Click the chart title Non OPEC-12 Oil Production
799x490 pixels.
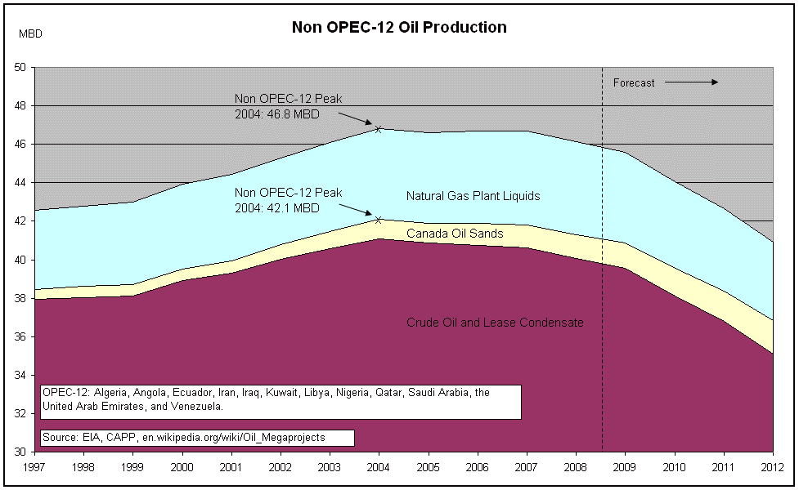pyautogui.click(x=399, y=27)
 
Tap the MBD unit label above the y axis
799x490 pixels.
pyautogui.click(x=30, y=33)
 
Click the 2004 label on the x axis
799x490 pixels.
pyautogui.click(x=379, y=467)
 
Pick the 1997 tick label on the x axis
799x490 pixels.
pyautogui.click(x=34, y=467)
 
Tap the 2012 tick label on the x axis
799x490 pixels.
pyautogui.click(x=773, y=467)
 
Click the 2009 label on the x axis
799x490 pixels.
pyautogui.click(x=625, y=467)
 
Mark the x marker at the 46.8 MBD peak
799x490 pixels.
pyautogui.click(x=379, y=129)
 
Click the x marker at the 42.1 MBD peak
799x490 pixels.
pyautogui.click(x=379, y=219)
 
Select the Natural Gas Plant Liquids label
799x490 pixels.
pyautogui.click(x=473, y=196)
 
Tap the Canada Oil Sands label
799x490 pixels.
pyautogui.click(x=455, y=234)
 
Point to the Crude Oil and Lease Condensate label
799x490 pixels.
pyautogui.click(x=495, y=323)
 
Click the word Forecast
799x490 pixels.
pyautogui.click(x=634, y=82)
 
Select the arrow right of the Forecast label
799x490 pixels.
pyautogui.click(x=691, y=82)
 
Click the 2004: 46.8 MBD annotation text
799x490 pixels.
pyautogui.click(x=277, y=114)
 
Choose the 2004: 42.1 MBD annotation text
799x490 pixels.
pyautogui.click(x=277, y=207)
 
